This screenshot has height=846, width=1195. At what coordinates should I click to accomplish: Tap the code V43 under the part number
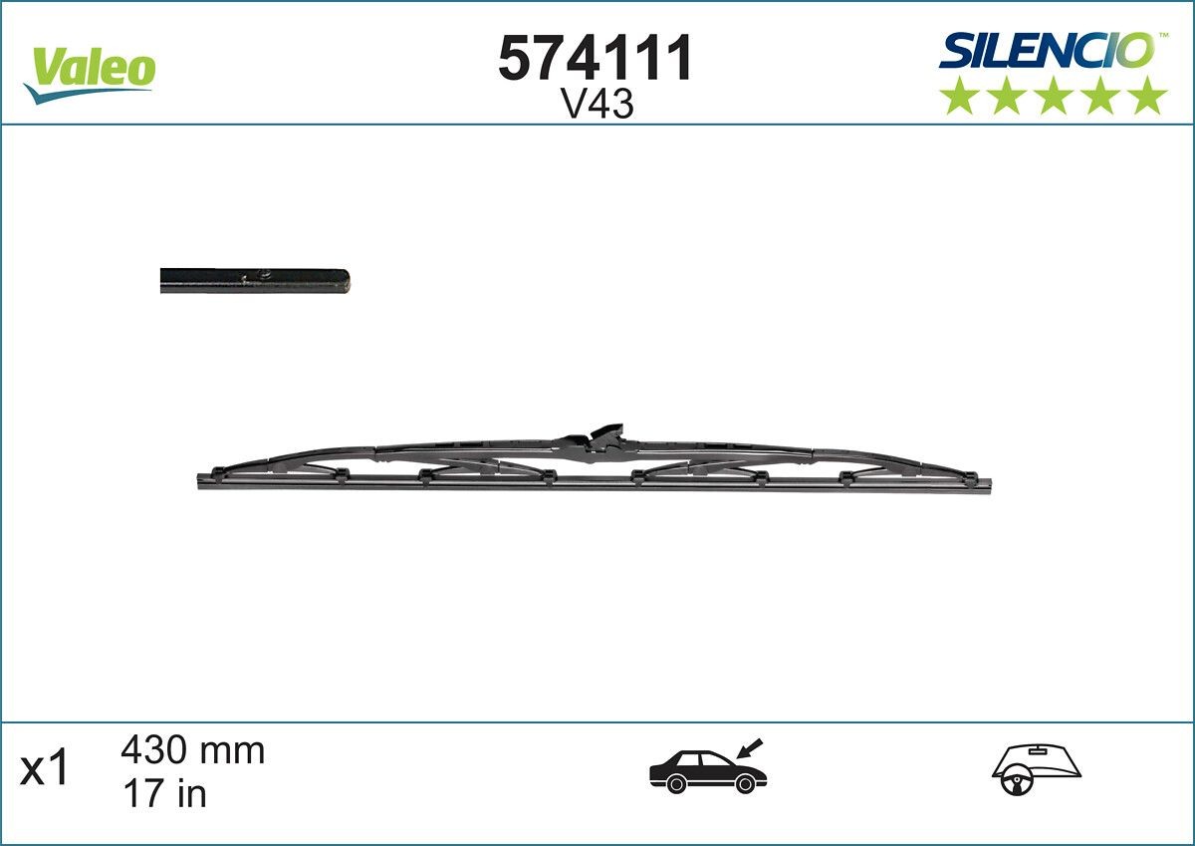[597, 105]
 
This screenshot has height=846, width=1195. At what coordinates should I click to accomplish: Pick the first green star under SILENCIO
[959, 96]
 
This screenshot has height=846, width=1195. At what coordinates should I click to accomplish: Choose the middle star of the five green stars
[1054, 96]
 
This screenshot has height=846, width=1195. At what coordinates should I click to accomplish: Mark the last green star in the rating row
[1148, 96]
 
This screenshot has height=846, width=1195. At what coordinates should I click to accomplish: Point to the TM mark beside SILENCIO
[1161, 37]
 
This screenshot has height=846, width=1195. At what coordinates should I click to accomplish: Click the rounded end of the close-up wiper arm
[345, 281]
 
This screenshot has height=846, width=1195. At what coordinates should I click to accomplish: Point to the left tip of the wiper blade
[202, 479]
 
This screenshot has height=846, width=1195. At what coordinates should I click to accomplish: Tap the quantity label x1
[47, 769]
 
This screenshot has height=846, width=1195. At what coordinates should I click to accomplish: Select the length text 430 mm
[192, 749]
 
